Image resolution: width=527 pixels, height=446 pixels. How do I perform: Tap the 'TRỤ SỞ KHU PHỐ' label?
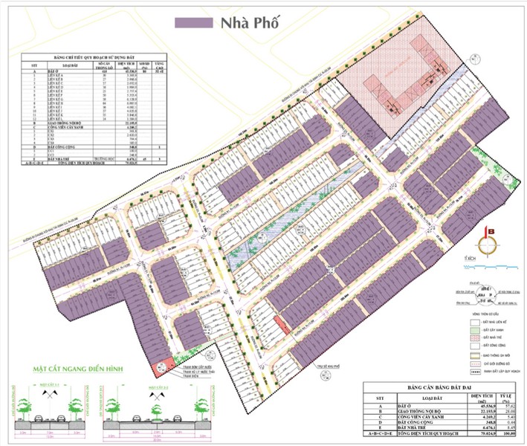(x=327, y=366)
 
